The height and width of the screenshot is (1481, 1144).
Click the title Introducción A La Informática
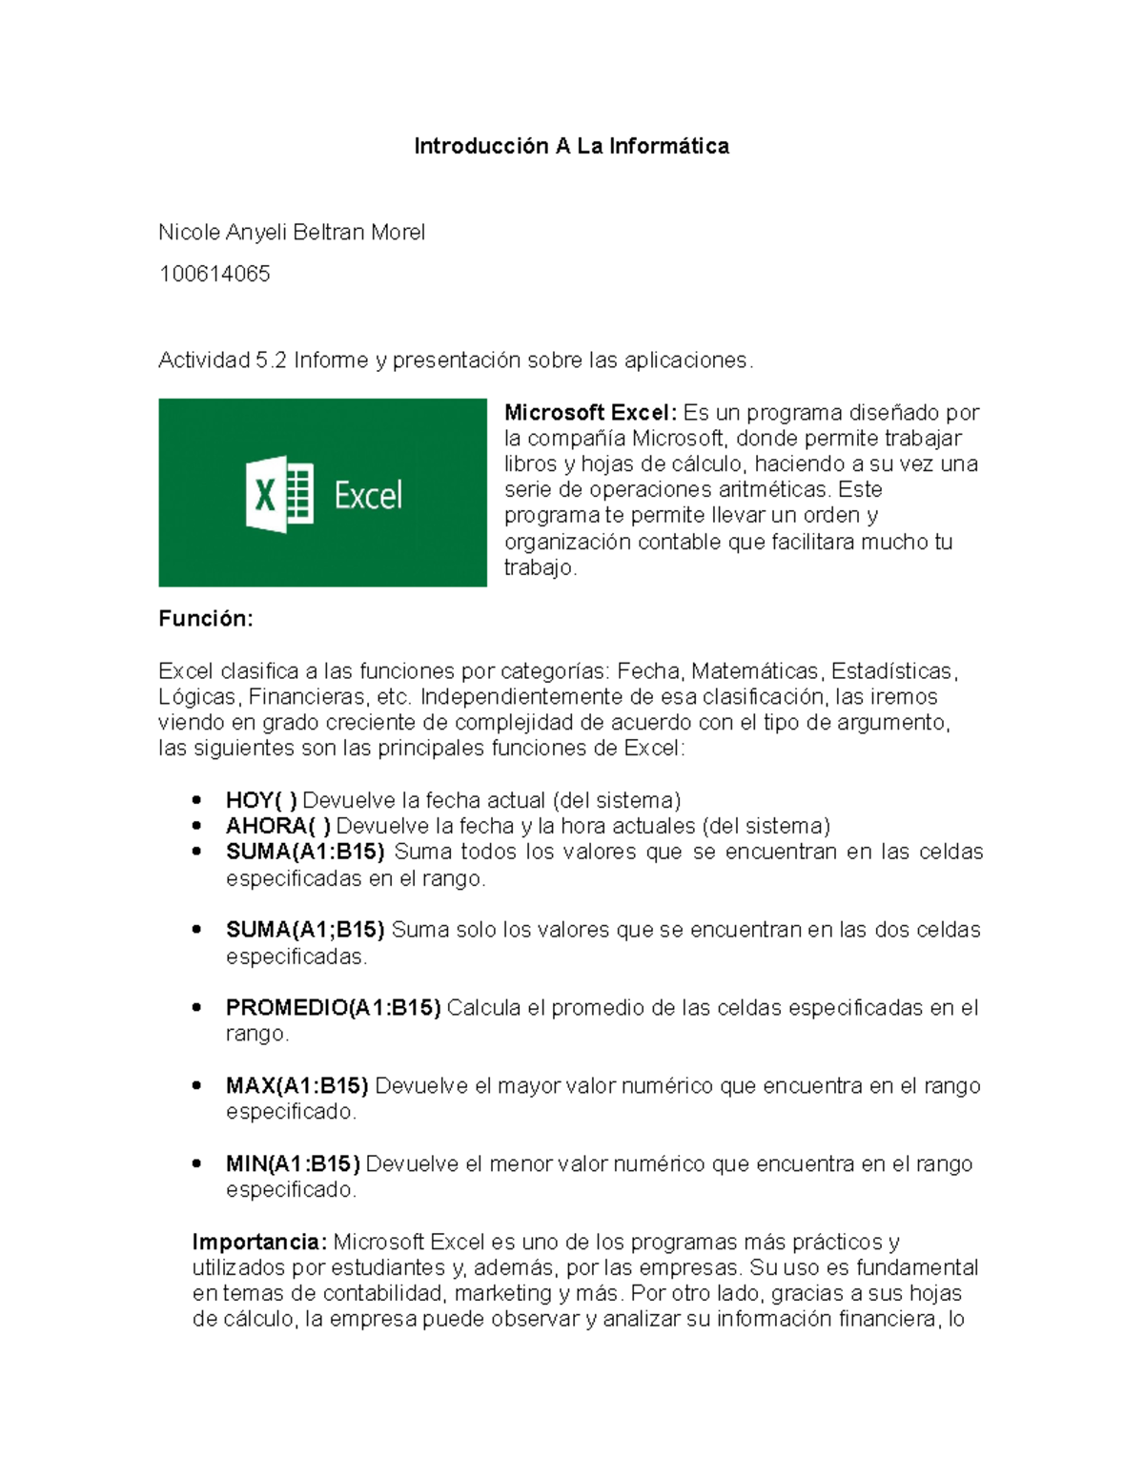point(571,146)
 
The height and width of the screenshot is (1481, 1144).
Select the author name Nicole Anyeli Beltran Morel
point(292,232)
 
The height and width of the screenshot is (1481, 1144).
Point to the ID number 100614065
point(214,274)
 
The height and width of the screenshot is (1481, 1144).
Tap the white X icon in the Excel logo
point(265,495)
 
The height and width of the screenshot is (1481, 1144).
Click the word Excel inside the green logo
point(368,496)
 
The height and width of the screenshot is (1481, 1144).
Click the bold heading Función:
point(206,618)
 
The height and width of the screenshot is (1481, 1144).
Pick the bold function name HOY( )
point(261,800)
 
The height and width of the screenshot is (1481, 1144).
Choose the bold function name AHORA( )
point(278,826)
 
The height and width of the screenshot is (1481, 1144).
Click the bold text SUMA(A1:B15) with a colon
point(305,852)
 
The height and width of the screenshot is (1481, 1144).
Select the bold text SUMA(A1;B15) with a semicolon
point(305,930)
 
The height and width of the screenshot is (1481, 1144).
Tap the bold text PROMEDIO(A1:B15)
point(333,1008)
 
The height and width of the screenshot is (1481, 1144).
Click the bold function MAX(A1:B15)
point(296,1085)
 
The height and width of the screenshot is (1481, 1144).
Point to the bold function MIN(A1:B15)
point(293,1163)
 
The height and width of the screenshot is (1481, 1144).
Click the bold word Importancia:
point(259,1242)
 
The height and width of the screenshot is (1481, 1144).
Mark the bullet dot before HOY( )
point(196,800)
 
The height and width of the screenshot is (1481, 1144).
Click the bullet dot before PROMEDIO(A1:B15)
point(196,1007)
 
